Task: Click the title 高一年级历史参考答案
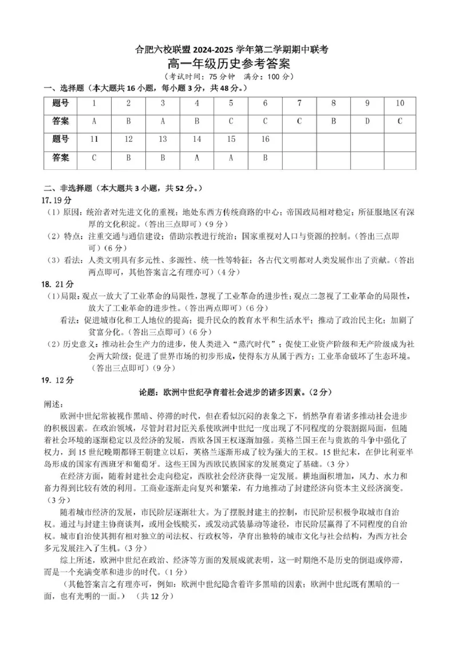tap(228, 64)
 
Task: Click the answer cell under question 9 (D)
tap(367, 121)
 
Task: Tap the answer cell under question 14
tap(197, 157)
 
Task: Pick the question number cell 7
tap(299, 104)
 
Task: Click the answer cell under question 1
tap(94, 121)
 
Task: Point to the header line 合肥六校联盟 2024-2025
tap(228, 50)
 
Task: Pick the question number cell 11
tap(94, 139)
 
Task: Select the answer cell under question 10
tap(400, 121)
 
